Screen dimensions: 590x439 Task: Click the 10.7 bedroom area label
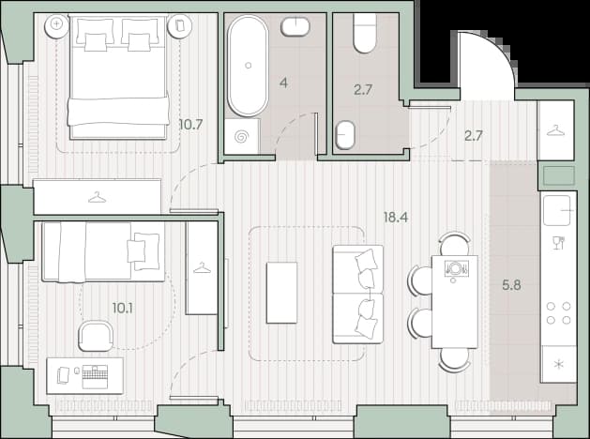[191, 124]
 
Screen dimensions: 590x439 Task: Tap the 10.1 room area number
[122, 309]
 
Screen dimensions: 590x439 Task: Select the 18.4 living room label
[396, 217]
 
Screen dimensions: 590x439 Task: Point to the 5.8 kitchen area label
[512, 285]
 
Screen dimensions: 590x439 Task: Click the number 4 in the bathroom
[284, 83]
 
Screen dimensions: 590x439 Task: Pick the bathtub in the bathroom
[248, 66]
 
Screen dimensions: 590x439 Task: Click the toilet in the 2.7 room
[365, 33]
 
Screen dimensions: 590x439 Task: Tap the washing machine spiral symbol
[242, 137]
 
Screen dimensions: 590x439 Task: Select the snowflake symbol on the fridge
[559, 364]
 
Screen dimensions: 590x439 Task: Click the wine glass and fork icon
[559, 242]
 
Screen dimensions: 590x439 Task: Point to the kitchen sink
[559, 211]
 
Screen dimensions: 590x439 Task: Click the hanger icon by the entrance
[555, 130]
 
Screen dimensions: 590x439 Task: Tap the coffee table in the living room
[281, 293]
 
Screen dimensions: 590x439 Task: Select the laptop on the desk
[95, 376]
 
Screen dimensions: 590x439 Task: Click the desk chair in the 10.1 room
[96, 336]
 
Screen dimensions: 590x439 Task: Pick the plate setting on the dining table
[456, 268]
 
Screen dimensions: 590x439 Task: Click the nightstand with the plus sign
[57, 25]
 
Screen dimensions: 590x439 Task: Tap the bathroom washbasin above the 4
[295, 26]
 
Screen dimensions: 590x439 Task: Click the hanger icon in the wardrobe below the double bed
[97, 197]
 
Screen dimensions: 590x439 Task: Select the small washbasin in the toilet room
[345, 135]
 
